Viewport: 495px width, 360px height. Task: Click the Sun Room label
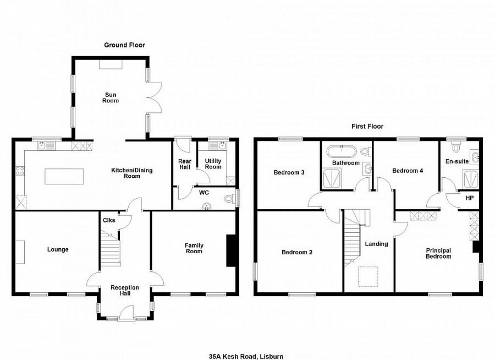click(x=112, y=97)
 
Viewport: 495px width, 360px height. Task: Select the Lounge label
click(x=58, y=249)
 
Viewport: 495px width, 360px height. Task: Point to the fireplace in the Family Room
click(x=229, y=251)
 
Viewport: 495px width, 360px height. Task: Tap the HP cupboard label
click(x=469, y=198)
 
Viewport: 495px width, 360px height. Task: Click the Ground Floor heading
click(x=125, y=45)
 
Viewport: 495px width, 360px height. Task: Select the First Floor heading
click(x=367, y=127)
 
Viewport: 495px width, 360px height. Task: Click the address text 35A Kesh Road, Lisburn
click(x=247, y=356)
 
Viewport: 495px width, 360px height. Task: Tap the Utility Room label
click(x=213, y=163)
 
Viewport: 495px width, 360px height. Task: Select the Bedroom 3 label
click(x=289, y=172)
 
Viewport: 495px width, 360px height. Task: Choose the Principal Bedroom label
click(x=438, y=253)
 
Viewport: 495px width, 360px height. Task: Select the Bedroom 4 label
click(x=408, y=171)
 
